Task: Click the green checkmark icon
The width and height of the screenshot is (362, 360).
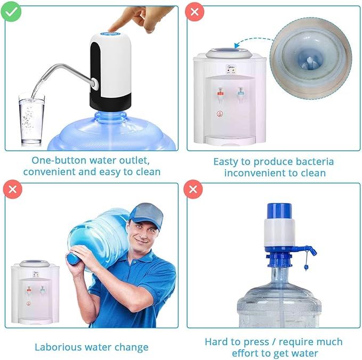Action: [x=11, y=11]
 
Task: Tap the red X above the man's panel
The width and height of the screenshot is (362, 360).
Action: [x=11, y=189]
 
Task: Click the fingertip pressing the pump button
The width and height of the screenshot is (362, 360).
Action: [x=112, y=31]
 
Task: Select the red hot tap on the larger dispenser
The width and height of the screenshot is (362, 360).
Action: [x=220, y=93]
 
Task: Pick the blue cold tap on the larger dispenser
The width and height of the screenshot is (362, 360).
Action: [x=240, y=92]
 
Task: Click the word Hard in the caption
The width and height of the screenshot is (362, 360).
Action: [x=216, y=341]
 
